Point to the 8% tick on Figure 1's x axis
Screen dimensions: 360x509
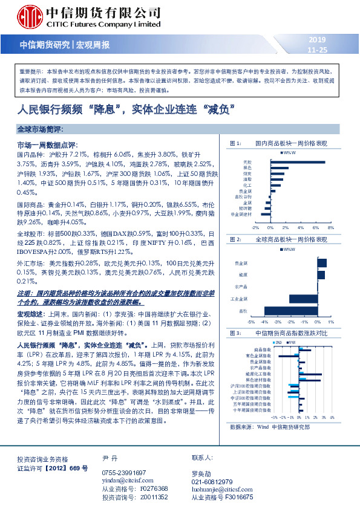330,228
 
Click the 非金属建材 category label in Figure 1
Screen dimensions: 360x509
240,215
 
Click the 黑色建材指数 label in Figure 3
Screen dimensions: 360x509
253,380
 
